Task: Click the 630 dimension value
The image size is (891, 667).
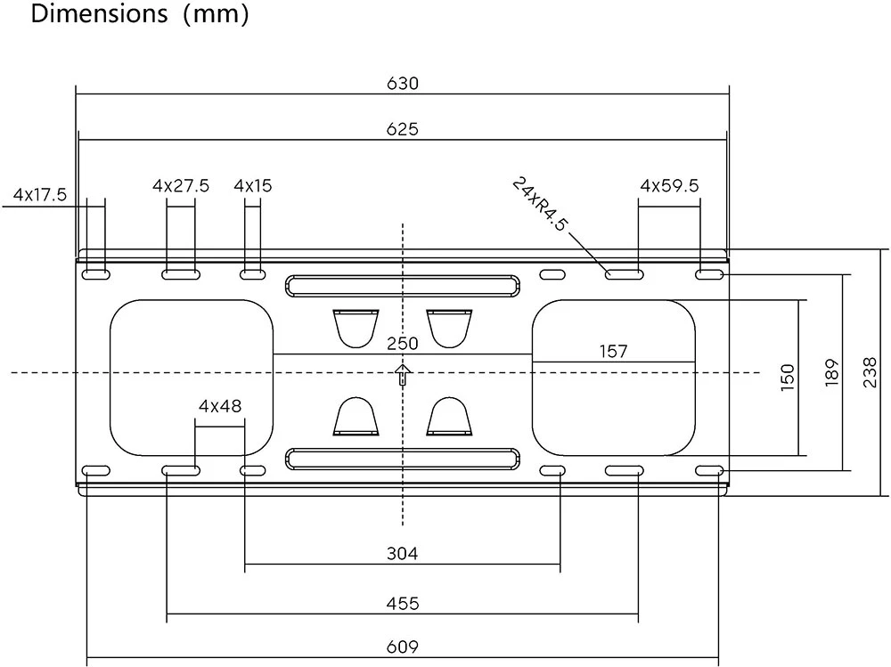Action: (403, 84)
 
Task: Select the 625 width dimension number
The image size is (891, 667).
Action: (403, 129)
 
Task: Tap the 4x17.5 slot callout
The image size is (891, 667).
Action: (40, 195)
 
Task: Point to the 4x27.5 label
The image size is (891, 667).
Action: (181, 186)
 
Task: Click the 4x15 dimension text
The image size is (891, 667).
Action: (253, 186)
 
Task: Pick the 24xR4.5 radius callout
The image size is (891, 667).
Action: (539, 204)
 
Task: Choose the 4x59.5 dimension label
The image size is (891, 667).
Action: (669, 186)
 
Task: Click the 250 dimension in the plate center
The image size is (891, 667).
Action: (403, 344)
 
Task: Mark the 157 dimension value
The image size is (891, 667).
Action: (613, 352)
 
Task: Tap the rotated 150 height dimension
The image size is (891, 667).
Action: (787, 378)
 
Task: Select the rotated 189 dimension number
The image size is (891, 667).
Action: (831, 373)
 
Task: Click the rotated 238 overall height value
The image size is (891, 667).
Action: (870, 373)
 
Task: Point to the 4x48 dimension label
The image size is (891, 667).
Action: (220, 406)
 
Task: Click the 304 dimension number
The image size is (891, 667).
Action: (403, 553)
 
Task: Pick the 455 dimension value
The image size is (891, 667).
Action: (403, 603)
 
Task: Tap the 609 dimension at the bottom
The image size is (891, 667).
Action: (403, 647)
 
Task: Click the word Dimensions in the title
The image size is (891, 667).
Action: (99, 13)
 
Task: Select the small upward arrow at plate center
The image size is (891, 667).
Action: (403, 374)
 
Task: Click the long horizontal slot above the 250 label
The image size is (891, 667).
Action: (403, 286)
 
